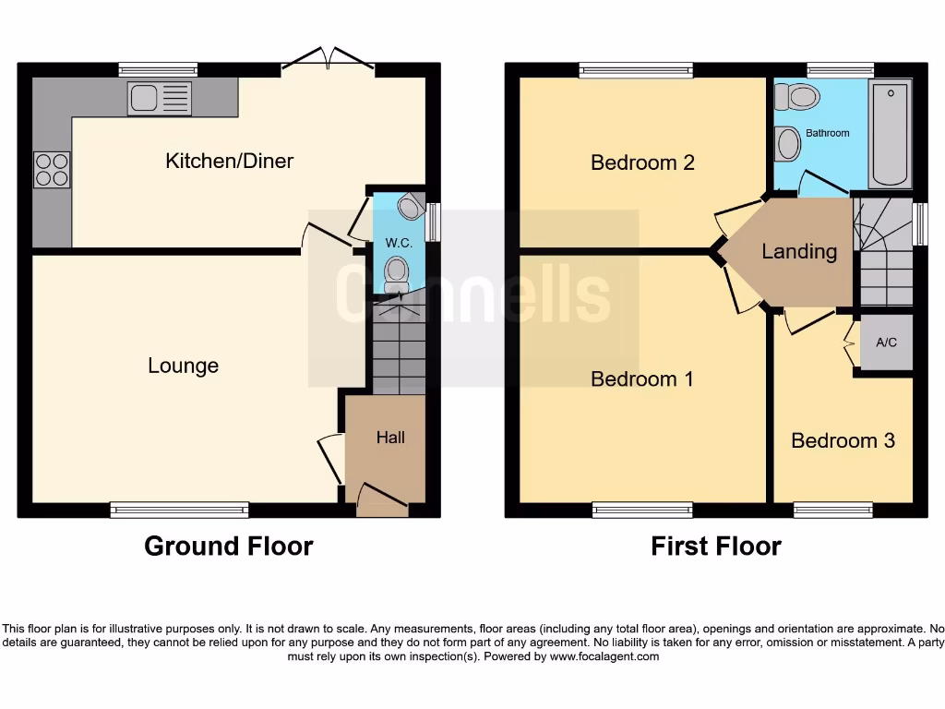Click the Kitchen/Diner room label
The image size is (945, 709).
point(229,161)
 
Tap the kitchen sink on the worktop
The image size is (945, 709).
point(160,98)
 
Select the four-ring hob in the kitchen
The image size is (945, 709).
point(52,169)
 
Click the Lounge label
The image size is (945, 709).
point(183,366)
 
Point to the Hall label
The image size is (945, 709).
point(390,438)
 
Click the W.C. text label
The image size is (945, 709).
point(399,244)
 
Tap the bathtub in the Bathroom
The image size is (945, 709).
point(891,134)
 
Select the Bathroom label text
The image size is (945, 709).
point(827,133)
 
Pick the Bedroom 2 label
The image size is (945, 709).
point(642,162)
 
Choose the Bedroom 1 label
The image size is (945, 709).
point(642,379)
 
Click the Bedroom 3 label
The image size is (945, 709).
point(843,440)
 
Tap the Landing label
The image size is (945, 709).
point(799,251)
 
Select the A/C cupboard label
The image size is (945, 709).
point(886,342)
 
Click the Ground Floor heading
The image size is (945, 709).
point(229,547)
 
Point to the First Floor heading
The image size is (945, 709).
point(716,547)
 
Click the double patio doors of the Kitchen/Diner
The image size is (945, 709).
point(328,61)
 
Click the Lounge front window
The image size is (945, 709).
point(179,510)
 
